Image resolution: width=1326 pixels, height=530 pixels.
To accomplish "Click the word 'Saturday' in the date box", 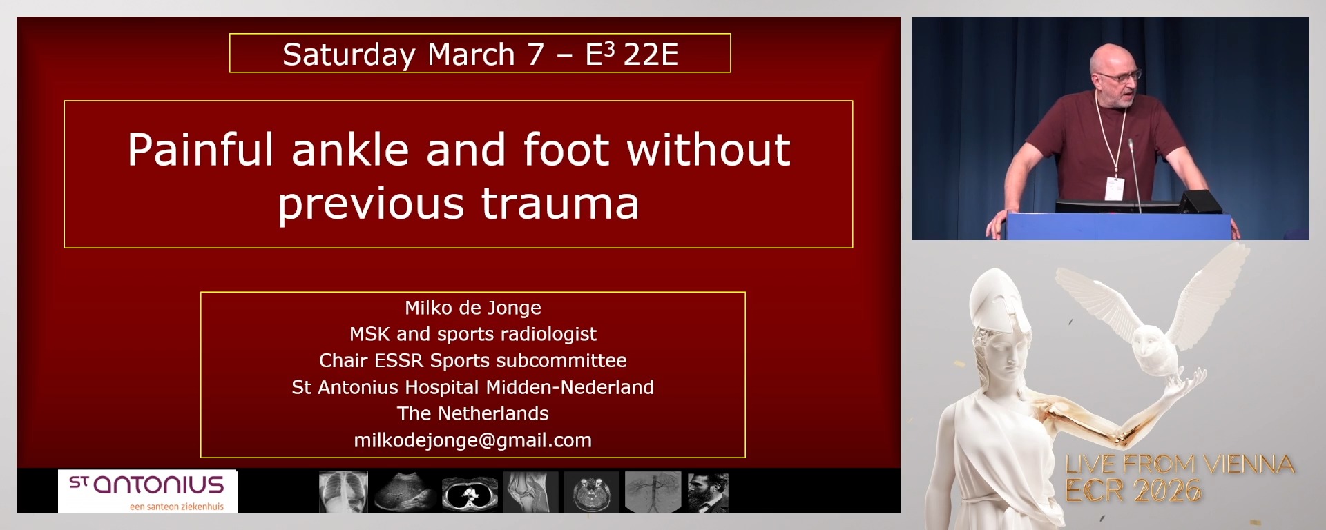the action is [x=349, y=55].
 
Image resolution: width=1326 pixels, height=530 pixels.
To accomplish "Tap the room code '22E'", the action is [x=651, y=54].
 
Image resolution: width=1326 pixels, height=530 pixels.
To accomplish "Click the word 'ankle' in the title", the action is [x=351, y=150].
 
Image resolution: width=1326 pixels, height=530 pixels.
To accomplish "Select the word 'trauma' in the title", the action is [x=560, y=204].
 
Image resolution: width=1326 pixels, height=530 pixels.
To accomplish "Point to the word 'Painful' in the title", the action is [x=200, y=150].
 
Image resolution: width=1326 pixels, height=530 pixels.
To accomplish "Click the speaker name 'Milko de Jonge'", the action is [x=473, y=308].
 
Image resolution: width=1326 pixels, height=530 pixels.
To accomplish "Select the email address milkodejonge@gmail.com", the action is [x=473, y=440].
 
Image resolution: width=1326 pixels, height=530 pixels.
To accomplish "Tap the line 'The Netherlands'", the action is [x=473, y=413].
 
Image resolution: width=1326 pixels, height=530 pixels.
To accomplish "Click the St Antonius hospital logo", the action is [x=148, y=491].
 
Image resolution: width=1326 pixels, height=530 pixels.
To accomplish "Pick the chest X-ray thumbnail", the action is [x=343, y=492].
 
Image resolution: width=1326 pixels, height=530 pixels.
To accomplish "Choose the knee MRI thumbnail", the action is [x=530, y=492].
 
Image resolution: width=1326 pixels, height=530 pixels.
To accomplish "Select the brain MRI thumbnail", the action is [x=591, y=493].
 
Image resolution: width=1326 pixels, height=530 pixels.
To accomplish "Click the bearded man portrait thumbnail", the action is [x=708, y=493].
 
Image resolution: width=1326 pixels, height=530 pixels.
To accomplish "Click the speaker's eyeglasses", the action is [x=1120, y=73].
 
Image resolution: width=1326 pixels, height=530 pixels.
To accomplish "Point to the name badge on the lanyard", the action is [x=1113, y=188].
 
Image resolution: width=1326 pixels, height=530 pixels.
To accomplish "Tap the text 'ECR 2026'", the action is [x=1133, y=491].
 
